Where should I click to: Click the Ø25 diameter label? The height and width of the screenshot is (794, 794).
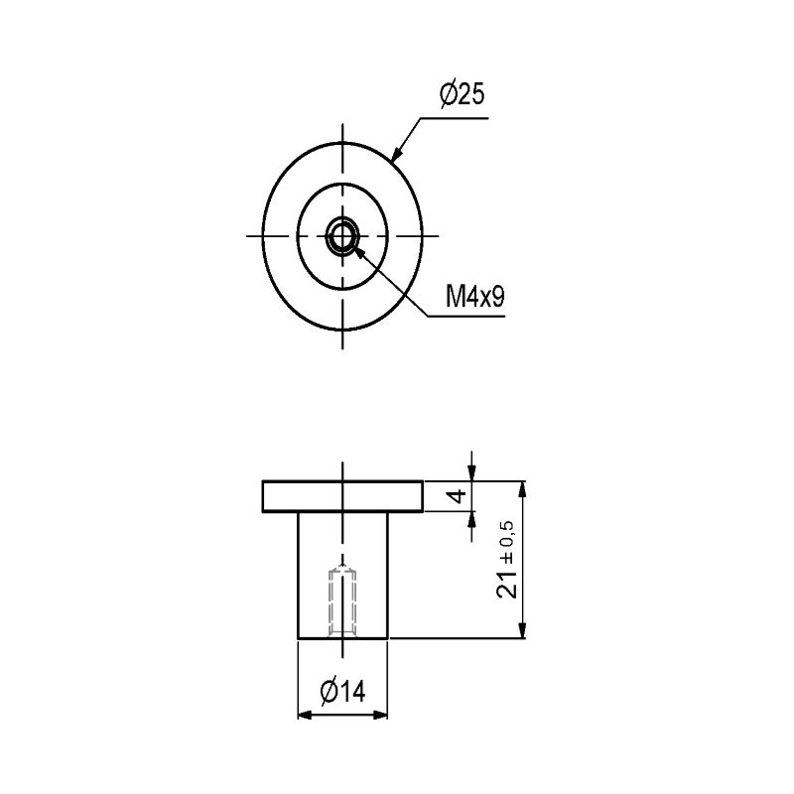pyautogui.click(x=463, y=94)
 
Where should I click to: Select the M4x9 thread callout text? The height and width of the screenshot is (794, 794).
pyautogui.click(x=475, y=296)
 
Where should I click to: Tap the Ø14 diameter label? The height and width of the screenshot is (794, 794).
pyautogui.click(x=342, y=691)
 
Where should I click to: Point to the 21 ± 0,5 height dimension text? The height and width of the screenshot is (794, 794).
pyautogui.click(x=506, y=560)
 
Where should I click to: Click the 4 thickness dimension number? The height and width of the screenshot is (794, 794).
pyautogui.click(x=458, y=496)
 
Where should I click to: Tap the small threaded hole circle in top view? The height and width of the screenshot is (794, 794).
pyautogui.click(x=342, y=236)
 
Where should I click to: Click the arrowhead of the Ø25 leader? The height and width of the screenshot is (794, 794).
pyautogui.click(x=397, y=154)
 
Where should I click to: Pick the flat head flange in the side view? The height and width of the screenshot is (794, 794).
pyautogui.click(x=342, y=496)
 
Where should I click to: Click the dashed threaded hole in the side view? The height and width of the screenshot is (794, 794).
pyautogui.click(x=342, y=602)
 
